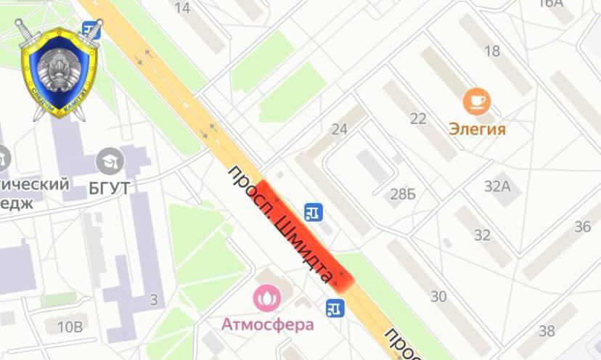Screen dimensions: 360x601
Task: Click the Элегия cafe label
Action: pos(476,130)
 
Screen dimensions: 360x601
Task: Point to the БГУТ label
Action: pos(110,188)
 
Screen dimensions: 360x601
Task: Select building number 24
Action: pos(339,130)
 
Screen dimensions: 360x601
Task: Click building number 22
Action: pos(418,119)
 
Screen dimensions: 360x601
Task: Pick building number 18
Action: pos(492,51)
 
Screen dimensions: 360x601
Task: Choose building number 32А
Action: pos(498,186)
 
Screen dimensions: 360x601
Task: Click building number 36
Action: pos(583,227)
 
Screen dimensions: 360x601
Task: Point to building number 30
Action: pos(438,296)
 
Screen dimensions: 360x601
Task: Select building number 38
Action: pos(547,331)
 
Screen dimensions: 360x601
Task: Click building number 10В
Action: pos(70,327)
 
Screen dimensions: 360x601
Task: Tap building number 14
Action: pos(183,8)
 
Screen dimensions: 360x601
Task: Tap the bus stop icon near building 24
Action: pos(314,212)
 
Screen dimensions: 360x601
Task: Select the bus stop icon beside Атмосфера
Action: pos(335,308)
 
